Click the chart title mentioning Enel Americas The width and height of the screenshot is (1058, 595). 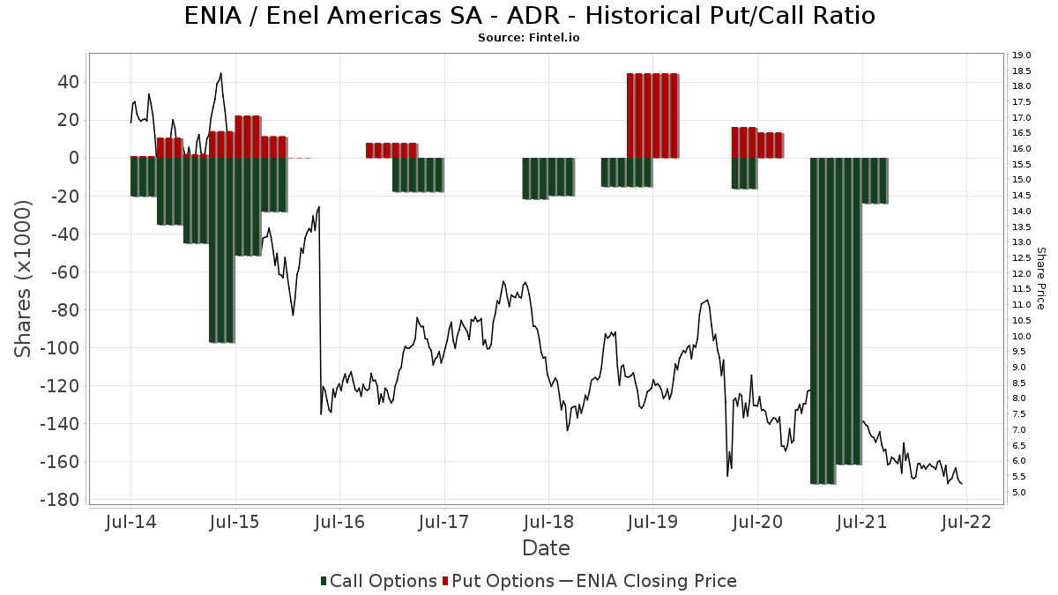(530, 16)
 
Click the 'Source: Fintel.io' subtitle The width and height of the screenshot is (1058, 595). (528, 38)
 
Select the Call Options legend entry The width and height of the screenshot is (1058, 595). (379, 581)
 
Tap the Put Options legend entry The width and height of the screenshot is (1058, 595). (498, 581)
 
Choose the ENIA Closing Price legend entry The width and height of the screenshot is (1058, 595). (648, 581)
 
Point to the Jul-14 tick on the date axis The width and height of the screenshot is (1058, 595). (130, 522)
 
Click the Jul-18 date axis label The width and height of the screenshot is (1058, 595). (548, 522)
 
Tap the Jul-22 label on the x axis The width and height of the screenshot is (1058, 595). (966, 522)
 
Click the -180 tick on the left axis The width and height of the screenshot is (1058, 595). (60, 500)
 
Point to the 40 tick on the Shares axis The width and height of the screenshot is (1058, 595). (69, 82)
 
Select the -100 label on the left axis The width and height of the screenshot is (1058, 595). (60, 348)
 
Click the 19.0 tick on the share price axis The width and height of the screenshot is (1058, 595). (1022, 56)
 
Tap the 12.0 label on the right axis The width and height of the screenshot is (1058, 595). (1022, 273)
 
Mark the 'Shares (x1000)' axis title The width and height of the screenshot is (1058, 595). (22, 279)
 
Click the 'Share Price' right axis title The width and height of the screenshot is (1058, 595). (1041, 279)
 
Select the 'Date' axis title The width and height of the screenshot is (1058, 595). (546, 548)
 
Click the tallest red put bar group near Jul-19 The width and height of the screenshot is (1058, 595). (652, 115)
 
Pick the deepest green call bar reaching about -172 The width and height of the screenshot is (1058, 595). (823, 321)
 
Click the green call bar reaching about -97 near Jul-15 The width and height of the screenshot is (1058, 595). (222, 250)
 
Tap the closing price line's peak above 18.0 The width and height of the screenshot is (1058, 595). (221, 73)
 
